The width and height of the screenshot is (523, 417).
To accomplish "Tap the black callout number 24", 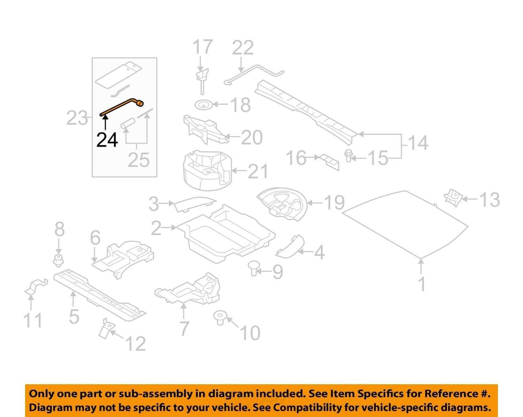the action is (107, 140).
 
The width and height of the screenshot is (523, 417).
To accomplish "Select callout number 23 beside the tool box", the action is (77, 118).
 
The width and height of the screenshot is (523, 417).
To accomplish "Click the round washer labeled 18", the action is (204, 105).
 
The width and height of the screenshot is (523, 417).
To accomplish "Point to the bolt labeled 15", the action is (348, 156).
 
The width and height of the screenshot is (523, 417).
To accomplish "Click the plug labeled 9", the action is (253, 268).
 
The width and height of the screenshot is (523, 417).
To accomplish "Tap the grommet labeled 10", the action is (220, 318).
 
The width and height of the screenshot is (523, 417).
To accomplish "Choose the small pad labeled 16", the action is (329, 162).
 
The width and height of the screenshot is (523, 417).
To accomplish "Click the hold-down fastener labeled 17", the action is (202, 81).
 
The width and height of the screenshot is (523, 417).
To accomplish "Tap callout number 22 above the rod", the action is (243, 48).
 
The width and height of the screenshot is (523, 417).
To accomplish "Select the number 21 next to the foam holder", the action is (258, 171).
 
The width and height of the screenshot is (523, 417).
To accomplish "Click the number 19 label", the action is (334, 203).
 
